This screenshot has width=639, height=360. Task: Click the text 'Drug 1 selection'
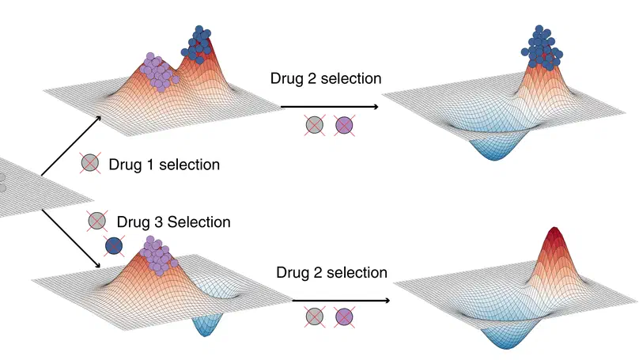(x=165, y=165)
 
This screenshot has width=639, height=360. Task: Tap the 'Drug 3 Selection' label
(x=173, y=222)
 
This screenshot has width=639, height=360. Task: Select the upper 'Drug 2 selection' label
(x=326, y=78)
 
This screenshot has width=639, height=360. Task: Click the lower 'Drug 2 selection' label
(x=331, y=272)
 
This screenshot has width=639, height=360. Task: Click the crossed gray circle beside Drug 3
(x=97, y=221)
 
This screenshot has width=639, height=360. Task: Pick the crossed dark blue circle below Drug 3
(x=115, y=247)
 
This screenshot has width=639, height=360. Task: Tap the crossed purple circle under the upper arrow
(x=344, y=124)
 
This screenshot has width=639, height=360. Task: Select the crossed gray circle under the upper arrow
(x=315, y=124)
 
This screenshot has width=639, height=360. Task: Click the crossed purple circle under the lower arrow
(x=344, y=318)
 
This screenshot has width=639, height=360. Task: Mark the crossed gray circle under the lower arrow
(x=315, y=318)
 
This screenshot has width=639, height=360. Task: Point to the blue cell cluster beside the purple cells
(x=199, y=44)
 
